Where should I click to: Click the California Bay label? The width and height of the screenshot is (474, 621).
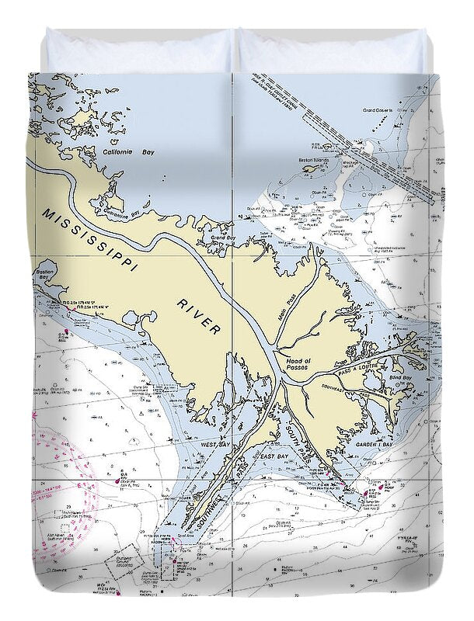pyautogui.click(x=128, y=153)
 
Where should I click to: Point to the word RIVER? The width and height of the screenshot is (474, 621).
pyautogui.click(x=198, y=315)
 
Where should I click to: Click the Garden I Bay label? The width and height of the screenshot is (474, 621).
pyautogui.click(x=378, y=446)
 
